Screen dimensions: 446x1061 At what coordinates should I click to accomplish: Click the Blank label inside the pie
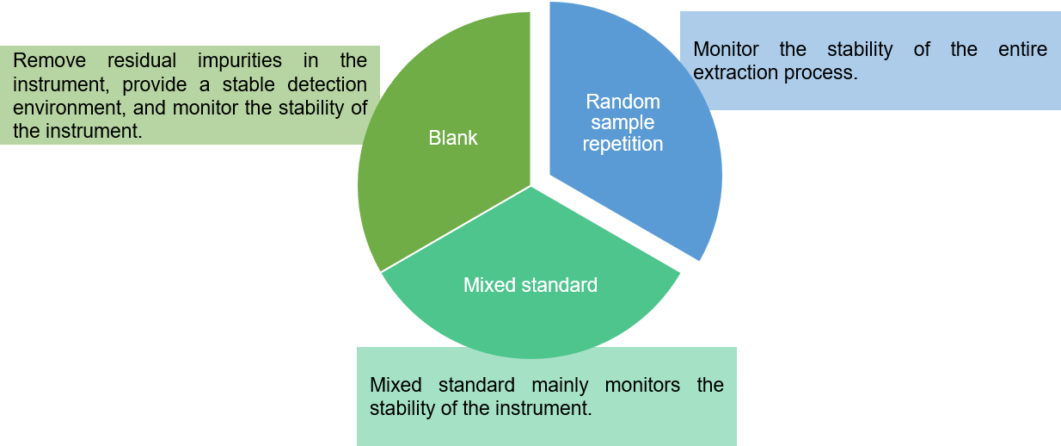click(x=453, y=138)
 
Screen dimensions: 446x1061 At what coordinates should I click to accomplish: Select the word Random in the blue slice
click(x=622, y=101)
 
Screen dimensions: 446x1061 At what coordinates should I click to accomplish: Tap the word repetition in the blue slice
click(x=622, y=144)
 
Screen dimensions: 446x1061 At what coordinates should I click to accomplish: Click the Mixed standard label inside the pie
click(x=530, y=285)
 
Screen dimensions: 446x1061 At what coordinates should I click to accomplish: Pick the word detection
click(x=325, y=85)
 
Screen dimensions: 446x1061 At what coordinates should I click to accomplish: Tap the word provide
click(x=154, y=85)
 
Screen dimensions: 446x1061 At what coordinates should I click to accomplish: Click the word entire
click(x=1022, y=49)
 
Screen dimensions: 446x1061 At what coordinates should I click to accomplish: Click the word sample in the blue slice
click(x=622, y=122)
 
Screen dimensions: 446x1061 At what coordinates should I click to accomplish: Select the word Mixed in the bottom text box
click(x=396, y=385)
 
